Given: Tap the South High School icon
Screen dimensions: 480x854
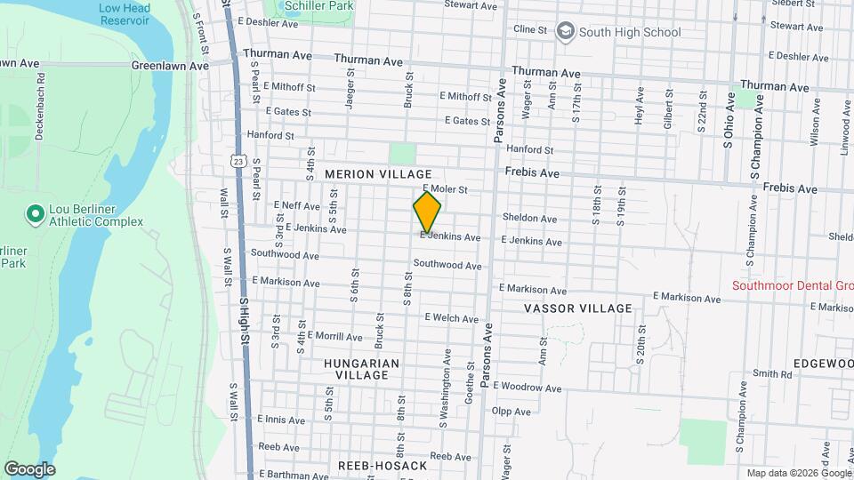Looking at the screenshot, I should [564, 32].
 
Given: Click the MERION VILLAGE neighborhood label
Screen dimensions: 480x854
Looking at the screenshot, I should [378, 174].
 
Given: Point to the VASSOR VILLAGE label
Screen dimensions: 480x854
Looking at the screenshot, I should [578, 308].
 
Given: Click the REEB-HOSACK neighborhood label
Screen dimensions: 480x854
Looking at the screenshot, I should [383, 466].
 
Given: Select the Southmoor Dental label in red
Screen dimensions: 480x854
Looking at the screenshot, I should [792, 285].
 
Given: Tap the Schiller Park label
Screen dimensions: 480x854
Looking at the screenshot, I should [318, 6].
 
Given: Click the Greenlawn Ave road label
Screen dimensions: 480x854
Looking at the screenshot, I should [169, 66].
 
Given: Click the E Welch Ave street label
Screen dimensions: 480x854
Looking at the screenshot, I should [451, 318].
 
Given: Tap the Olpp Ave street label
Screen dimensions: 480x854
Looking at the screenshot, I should [511, 412].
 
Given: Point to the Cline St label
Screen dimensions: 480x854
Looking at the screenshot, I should [530, 29].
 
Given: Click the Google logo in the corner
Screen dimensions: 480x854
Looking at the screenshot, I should [29, 468].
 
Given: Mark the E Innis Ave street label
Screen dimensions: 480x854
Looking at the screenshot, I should [282, 419].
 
